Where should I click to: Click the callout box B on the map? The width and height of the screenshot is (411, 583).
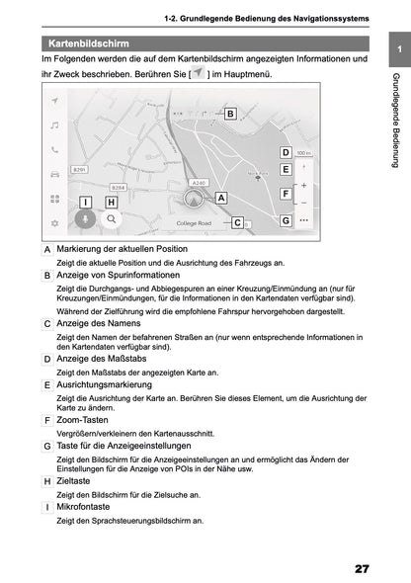[229, 114]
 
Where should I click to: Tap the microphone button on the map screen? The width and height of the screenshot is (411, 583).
[86, 218]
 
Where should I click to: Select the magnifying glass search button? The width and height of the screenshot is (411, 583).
[112, 218]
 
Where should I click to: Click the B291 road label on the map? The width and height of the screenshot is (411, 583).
[80, 169]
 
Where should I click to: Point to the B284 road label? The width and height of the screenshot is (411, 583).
[118, 187]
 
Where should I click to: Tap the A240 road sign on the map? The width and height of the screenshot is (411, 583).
[199, 183]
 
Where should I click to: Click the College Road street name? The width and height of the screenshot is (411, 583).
[194, 223]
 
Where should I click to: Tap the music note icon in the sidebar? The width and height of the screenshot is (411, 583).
[55, 125]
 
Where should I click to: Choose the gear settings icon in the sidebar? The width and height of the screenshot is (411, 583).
[55, 223]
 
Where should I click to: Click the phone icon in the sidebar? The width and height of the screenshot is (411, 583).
[55, 150]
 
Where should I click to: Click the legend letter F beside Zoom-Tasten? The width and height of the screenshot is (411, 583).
[47, 420]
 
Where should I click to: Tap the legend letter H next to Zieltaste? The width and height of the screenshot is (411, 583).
[47, 480]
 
